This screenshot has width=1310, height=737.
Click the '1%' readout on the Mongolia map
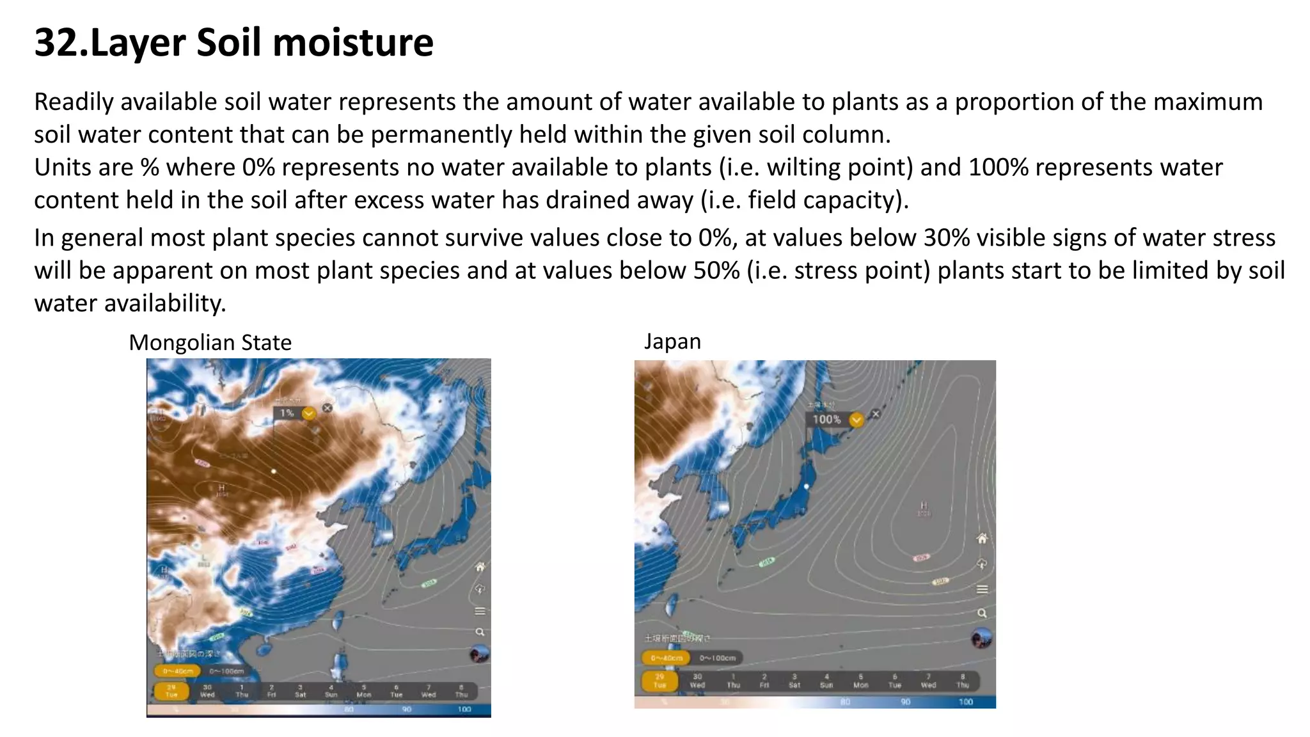click(x=287, y=413)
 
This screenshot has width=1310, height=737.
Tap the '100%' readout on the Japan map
click(x=826, y=420)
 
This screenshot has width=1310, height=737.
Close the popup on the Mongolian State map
click(x=327, y=408)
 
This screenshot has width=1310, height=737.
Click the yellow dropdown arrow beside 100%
click(x=856, y=420)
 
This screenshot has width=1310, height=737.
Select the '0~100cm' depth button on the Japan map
click(x=718, y=658)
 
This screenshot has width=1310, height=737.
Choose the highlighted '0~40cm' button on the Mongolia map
click(x=177, y=671)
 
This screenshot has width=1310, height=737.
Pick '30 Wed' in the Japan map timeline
click(x=697, y=681)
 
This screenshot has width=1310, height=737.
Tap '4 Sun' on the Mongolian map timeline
click(x=331, y=691)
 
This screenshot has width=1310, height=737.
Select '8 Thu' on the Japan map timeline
click(x=963, y=681)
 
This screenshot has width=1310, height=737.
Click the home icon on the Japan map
click(x=982, y=539)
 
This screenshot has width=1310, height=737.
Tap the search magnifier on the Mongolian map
click(x=480, y=632)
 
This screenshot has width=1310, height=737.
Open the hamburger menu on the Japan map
click(x=982, y=589)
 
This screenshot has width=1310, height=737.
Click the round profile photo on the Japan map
click(x=981, y=638)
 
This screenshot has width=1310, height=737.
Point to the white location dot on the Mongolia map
click(x=274, y=472)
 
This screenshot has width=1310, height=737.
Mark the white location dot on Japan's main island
click(x=807, y=486)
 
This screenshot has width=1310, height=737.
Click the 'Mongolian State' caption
click(x=210, y=343)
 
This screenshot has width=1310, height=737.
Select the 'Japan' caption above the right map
click(x=672, y=342)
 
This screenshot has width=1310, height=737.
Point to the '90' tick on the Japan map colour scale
click(x=906, y=702)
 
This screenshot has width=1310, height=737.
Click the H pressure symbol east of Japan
click(x=924, y=506)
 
